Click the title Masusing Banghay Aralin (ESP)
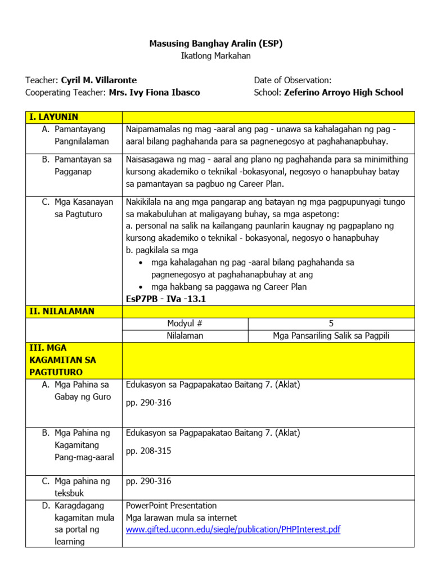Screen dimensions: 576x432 pos(215,43)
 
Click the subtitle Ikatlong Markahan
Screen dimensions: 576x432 pos(215,56)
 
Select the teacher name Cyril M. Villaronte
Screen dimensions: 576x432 pos(98,80)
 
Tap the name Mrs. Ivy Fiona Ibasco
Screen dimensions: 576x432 pos(154,92)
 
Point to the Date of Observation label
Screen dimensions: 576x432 pos(292,80)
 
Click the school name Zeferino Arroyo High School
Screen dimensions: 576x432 pos(343,92)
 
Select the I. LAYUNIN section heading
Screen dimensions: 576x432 pos(53,117)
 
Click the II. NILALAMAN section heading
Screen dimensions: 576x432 pos(62,311)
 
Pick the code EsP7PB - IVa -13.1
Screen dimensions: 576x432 pos(166,299)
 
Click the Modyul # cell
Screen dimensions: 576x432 pos(184,323)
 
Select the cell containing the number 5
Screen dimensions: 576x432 pos(331,323)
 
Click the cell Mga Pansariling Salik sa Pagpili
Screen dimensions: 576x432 pos(331,336)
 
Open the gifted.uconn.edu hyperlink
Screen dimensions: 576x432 pos(233,529)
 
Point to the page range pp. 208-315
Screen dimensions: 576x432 pos(148,451)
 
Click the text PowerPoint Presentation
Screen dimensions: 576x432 pos(171,505)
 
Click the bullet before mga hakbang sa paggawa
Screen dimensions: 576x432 pos(141,287)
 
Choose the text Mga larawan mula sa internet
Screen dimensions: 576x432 pos(181,517)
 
